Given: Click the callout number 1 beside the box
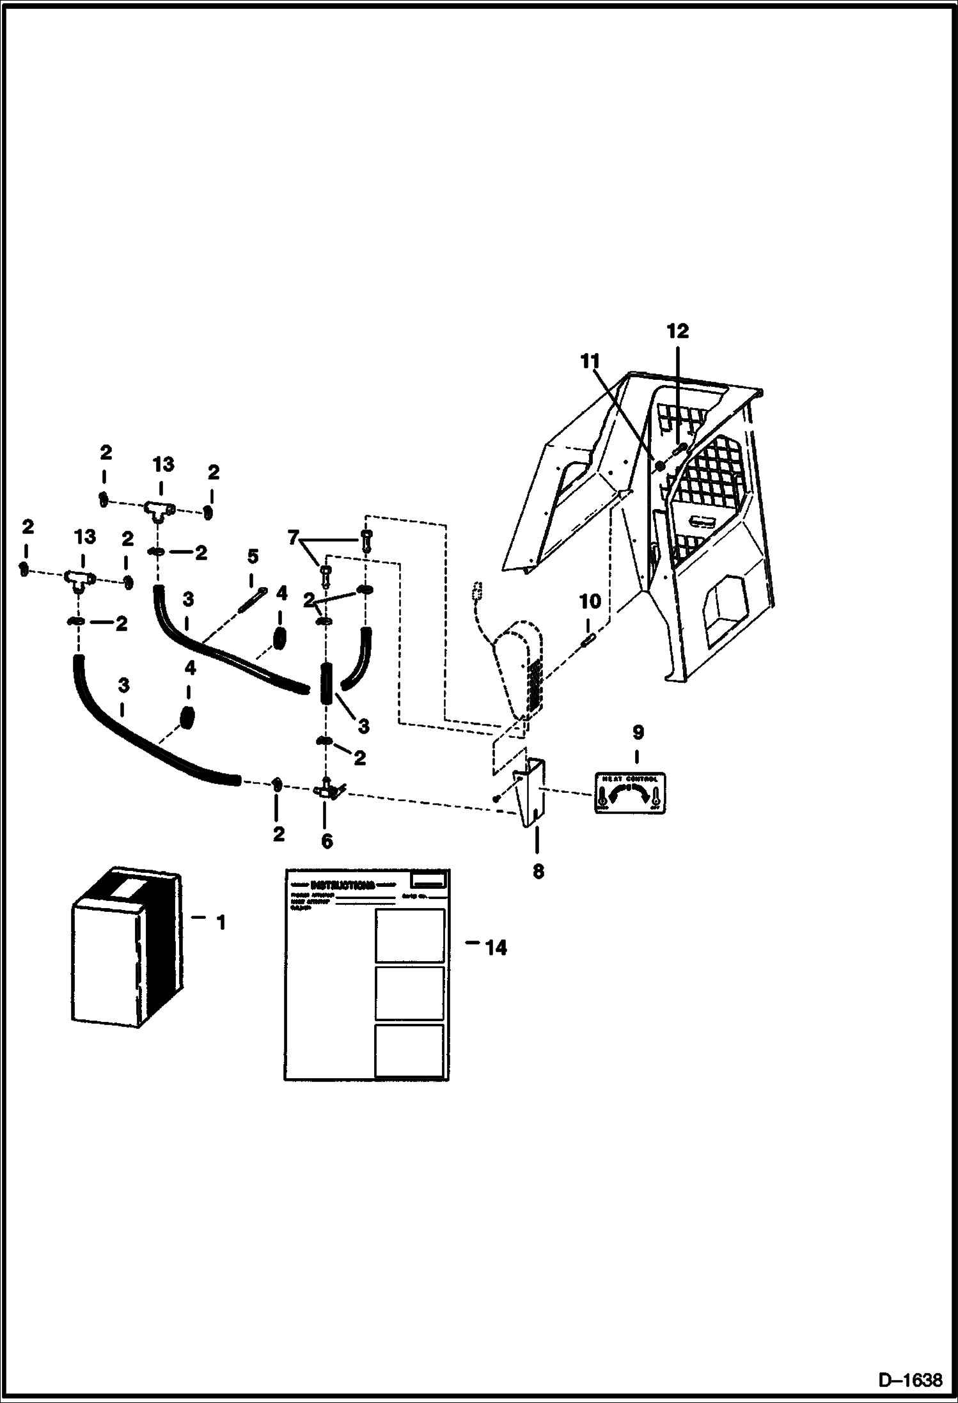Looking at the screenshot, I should (x=220, y=923).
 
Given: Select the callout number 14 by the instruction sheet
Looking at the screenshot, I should (x=495, y=948).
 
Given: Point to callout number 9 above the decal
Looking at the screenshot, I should (x=638, y=732).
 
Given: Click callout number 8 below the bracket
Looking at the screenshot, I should (x=538, y=871).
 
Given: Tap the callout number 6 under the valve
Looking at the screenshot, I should (x=326, y=841).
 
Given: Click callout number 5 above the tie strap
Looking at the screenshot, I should (x=253, y=556).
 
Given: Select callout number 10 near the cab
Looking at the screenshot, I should (x=590, y=601).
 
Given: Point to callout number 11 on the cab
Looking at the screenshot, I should (x=590, y=361).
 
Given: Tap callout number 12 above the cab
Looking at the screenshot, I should (x=677, y=331).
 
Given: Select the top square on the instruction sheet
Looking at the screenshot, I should (x=409, y=935).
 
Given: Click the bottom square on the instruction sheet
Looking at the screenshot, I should (x=409, y=1051).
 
